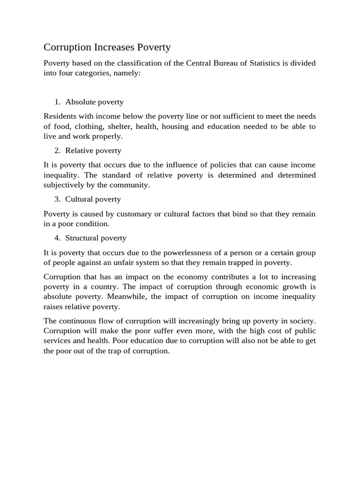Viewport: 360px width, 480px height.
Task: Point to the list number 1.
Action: tap(57, 102)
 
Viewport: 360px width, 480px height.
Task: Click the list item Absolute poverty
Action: tap(94, 102)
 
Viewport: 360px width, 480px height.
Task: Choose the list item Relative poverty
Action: tap(93, 150)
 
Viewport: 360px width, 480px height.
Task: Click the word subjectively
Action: tap(64, 185)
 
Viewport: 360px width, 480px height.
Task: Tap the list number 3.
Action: tap(57, 199)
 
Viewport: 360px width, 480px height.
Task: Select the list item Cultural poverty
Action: tap(93, 199)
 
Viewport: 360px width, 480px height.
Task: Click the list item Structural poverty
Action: tap(96, 238)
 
